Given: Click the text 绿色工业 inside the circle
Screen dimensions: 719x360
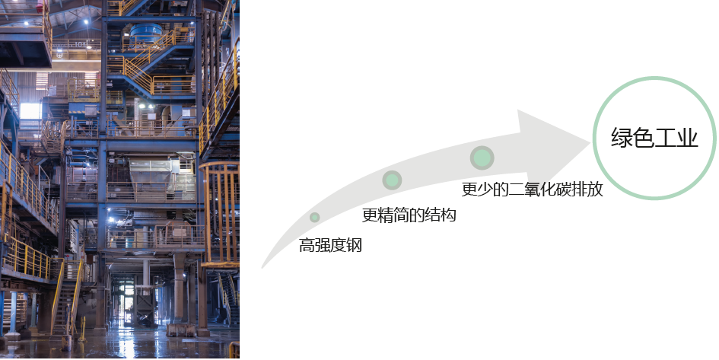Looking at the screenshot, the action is pos(654,137).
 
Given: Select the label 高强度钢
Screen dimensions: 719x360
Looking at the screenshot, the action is pos(331,245).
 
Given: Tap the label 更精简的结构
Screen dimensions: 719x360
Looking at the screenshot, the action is pos(409,215).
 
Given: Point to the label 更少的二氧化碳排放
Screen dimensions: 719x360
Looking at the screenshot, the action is pos(532,189).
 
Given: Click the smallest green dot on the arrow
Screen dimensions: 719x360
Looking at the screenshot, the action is pos(314,218).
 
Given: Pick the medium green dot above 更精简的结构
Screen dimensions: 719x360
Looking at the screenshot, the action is pos(392,180).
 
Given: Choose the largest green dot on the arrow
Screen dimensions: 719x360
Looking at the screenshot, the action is pos(482,158).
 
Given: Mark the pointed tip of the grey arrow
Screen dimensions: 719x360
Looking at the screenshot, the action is pos(590,143).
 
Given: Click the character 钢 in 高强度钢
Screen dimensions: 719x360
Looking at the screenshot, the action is pos(355,245).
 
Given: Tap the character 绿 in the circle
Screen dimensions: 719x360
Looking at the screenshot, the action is pos(622,137).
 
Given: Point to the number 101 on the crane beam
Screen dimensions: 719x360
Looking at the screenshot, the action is pos(80,44).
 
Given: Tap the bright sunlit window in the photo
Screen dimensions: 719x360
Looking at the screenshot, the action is pos(30,111).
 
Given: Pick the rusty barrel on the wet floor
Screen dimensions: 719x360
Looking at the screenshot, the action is pos(65,342).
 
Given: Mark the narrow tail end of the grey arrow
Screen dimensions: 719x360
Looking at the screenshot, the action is pos(262,267).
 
